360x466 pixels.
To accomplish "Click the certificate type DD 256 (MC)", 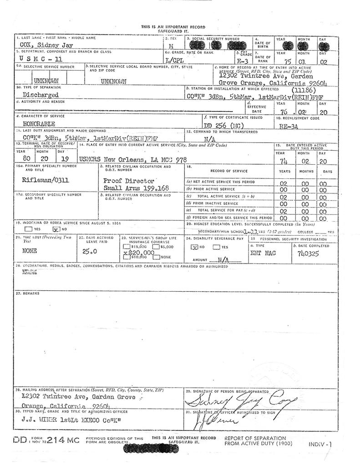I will tap(223, 124).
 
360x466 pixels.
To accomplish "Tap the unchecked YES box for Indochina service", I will tap(28, 229).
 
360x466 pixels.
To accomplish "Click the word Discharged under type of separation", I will tap(40, 95).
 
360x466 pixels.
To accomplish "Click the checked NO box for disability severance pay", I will tap(193, 247).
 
